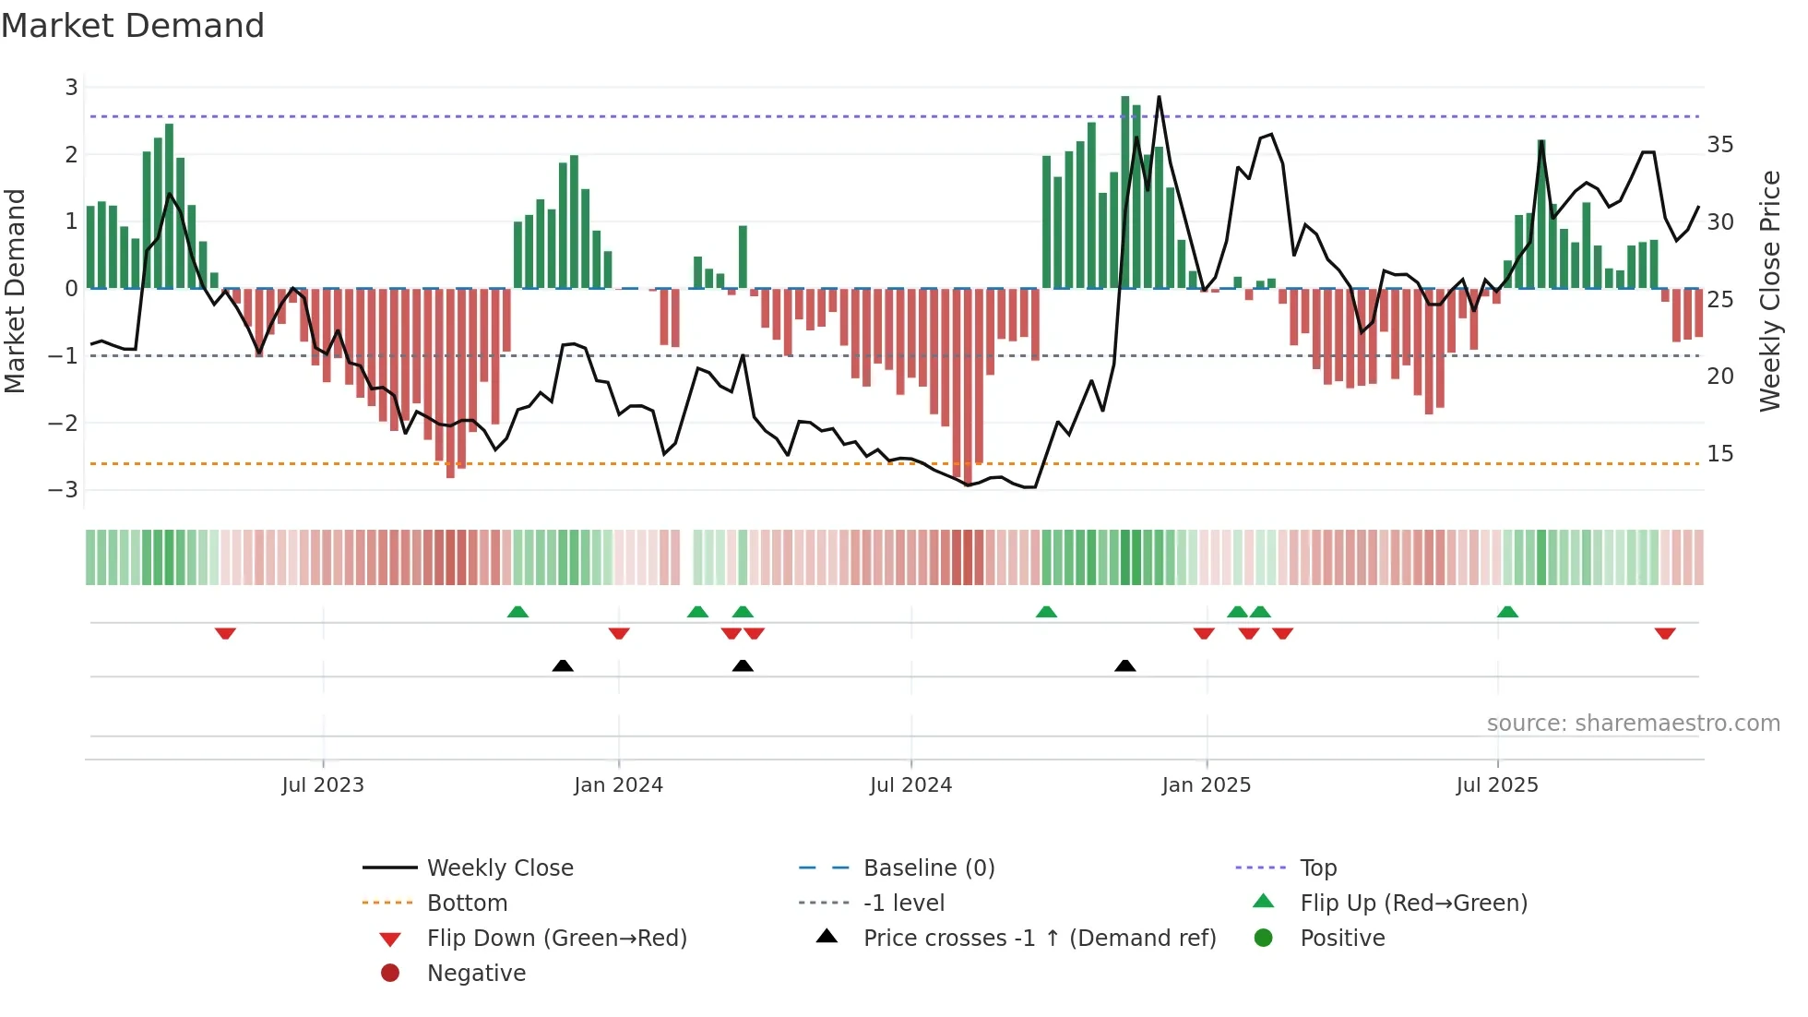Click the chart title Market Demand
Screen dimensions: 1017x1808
133,26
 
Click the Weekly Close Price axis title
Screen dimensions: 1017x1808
1769,291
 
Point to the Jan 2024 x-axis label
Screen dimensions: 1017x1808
618,785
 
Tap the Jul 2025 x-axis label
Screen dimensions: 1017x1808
1497,785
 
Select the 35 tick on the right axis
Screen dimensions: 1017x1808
1719,145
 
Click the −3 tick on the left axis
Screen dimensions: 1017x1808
64,489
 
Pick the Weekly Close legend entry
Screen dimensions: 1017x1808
499,868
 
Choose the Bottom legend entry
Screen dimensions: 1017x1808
467,903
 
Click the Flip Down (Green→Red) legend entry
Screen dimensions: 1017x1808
556,939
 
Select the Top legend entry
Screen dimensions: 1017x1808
1318,868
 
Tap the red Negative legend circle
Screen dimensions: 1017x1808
390,974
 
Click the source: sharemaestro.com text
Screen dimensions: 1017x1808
1633,724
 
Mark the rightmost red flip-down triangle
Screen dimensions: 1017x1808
1665,634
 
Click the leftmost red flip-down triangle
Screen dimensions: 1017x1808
225,634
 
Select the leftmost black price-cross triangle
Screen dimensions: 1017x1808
563,665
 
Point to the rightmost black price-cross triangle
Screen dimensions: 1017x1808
1124,665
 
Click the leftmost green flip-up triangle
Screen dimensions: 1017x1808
517,612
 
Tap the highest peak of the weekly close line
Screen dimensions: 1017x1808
1159,96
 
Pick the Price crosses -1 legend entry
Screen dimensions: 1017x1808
1039,939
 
